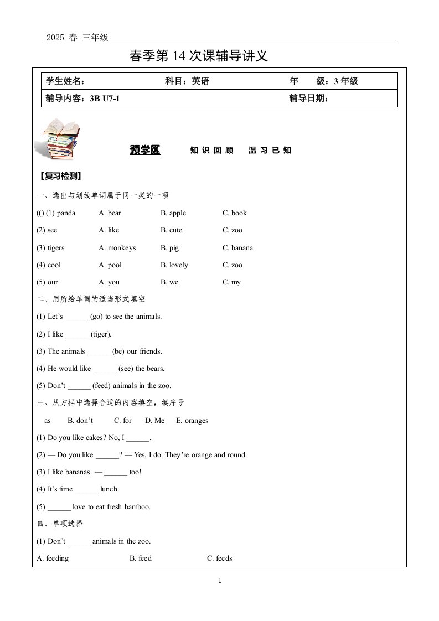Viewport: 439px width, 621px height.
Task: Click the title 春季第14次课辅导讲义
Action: click(198, 56)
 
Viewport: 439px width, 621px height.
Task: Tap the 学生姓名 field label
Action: click(65, 81)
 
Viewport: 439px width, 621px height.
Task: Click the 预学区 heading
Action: click(144, 150)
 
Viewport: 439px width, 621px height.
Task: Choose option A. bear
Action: click(110, 213)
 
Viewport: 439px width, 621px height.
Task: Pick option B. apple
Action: click(173, 213)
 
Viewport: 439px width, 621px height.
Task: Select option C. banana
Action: click(237, 248)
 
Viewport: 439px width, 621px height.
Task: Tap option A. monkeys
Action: click(117, 248)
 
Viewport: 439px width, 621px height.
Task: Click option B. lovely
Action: click(174, 265)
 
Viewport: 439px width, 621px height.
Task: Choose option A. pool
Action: click(110, 265)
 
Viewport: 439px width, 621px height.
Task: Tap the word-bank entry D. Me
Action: click(155, 421)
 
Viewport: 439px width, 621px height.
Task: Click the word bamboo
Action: click(138, 506)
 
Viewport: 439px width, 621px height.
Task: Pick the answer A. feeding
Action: click(53, 558)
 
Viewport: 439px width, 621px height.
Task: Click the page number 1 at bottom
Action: click(220, 581)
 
